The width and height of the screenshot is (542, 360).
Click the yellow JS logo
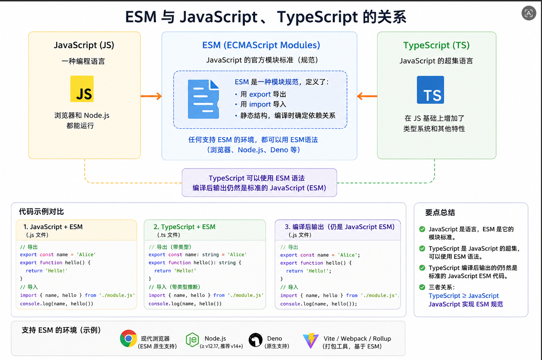tap(82, 89)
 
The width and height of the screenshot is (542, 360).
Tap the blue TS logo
tap(430, 90)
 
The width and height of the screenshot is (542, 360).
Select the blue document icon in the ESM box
tap(203, 99)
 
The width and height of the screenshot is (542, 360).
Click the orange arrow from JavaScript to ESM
tap(151, 96)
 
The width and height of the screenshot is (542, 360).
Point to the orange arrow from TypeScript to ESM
tap(367, 96)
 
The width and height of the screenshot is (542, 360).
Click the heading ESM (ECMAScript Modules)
tap(261, 45)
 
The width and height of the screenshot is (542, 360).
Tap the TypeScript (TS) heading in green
tap(436, 45)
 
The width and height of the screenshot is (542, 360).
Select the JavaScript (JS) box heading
tap(84, 45)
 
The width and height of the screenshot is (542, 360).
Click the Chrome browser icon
tap(128, 338)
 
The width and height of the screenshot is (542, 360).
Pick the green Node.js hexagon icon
tap(192, 340)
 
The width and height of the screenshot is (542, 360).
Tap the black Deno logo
tap(255, 340)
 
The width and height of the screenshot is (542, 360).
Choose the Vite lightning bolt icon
tap(311, 340)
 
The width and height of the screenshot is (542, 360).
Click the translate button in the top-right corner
tap(529, 13)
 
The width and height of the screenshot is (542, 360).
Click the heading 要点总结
tap(440, 213)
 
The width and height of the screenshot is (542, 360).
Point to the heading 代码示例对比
tap(41, 212)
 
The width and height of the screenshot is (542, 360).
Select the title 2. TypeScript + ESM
tap(185, 227)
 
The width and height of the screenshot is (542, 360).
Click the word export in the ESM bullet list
tap(260, 94)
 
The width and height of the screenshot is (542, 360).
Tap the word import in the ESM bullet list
tap(260, 104)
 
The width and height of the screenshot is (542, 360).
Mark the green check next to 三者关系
tap(422, 287)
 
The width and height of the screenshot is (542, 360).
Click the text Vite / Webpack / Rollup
tap(357, 338)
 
